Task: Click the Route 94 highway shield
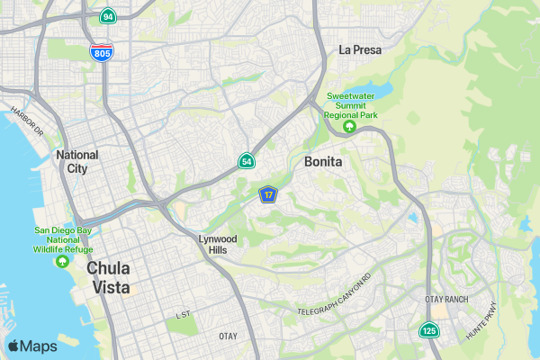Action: (108, 17)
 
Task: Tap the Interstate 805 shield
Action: (102, 52)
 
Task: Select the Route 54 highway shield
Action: (246, 161)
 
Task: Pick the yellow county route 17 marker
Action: (268, 194)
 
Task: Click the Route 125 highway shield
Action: (428, 331)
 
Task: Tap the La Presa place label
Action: (360, 50)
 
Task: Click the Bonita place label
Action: (324, 162)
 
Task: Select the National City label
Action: (77, 161)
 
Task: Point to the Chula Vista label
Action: (108, 278)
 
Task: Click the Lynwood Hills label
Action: (218, 245)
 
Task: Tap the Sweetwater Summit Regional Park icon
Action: (350, 126)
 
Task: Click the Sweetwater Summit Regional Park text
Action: (350, 105)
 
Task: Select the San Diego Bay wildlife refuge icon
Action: (63, 262)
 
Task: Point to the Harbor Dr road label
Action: (27, 121)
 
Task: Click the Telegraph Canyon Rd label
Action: (335, 297)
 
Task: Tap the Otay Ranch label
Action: (446, 299)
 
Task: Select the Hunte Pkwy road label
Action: (481, 321)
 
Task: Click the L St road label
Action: (184, 315)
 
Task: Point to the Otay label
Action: (228, 336)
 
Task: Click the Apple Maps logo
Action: (32, 346)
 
